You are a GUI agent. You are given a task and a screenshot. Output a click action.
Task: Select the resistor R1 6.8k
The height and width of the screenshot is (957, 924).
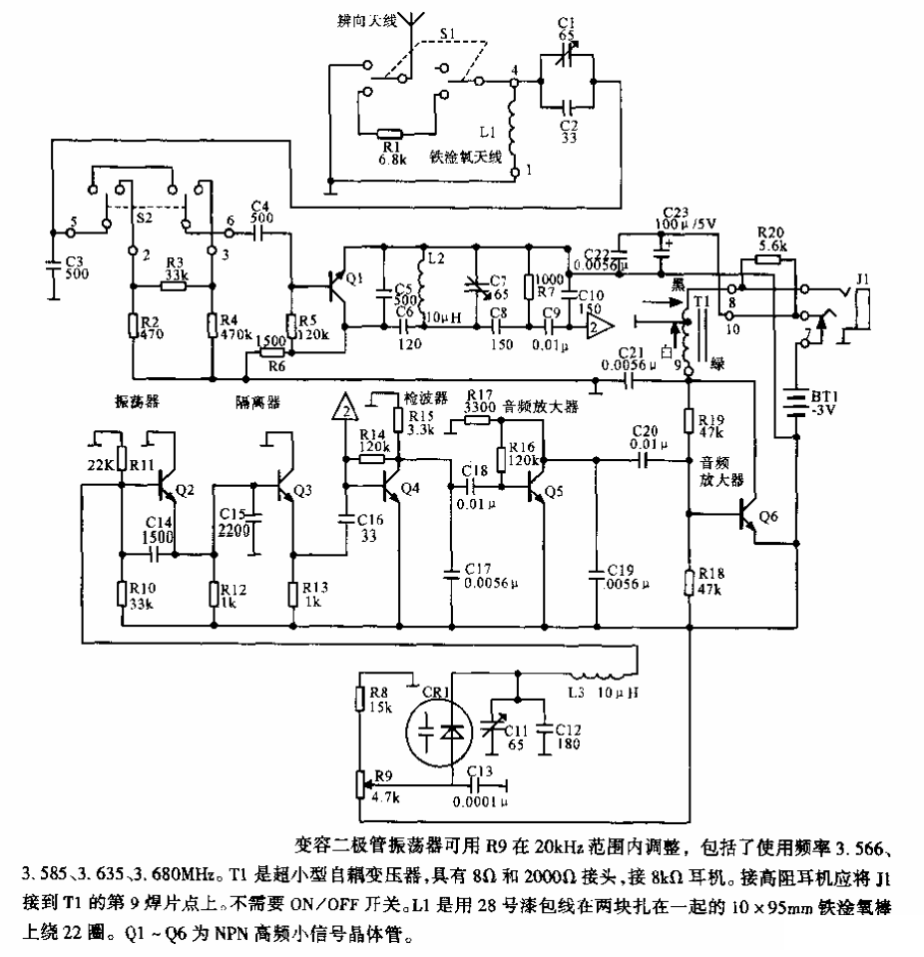click(x=390, y=133)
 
